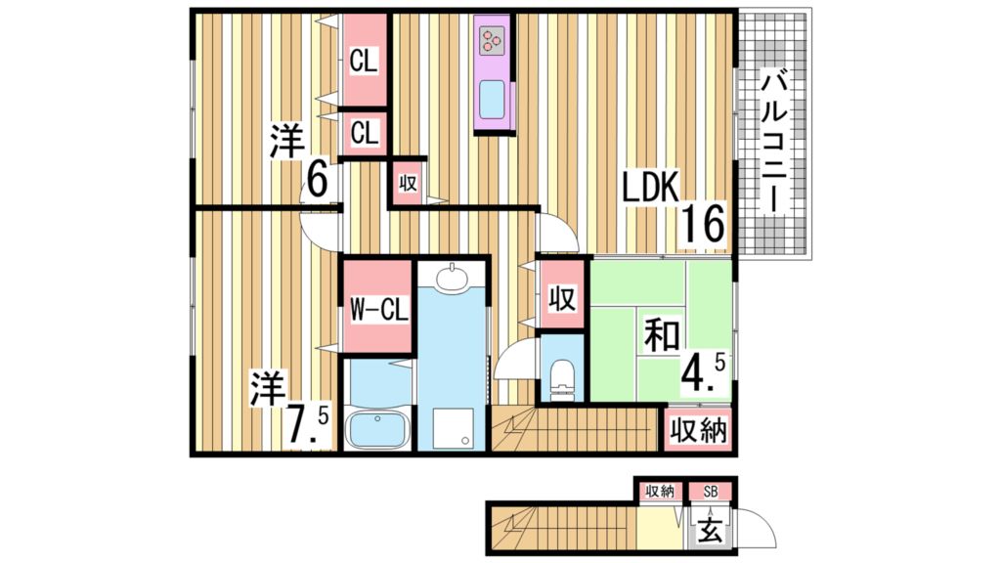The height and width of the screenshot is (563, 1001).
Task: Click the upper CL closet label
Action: (365, 62)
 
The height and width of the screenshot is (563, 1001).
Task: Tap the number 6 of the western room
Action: (317, 179)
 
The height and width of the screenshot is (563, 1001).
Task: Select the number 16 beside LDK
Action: (705, 225)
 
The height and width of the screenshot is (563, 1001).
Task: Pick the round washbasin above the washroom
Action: (452, 281)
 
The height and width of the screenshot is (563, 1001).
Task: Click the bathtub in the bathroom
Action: (376, 429)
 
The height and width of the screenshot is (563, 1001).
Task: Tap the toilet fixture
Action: (561, 378)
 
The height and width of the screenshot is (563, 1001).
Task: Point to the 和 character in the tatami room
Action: (662, 337)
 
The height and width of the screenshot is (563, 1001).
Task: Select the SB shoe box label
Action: (709, 491)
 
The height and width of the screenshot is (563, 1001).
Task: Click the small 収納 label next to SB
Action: (660, 491)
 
